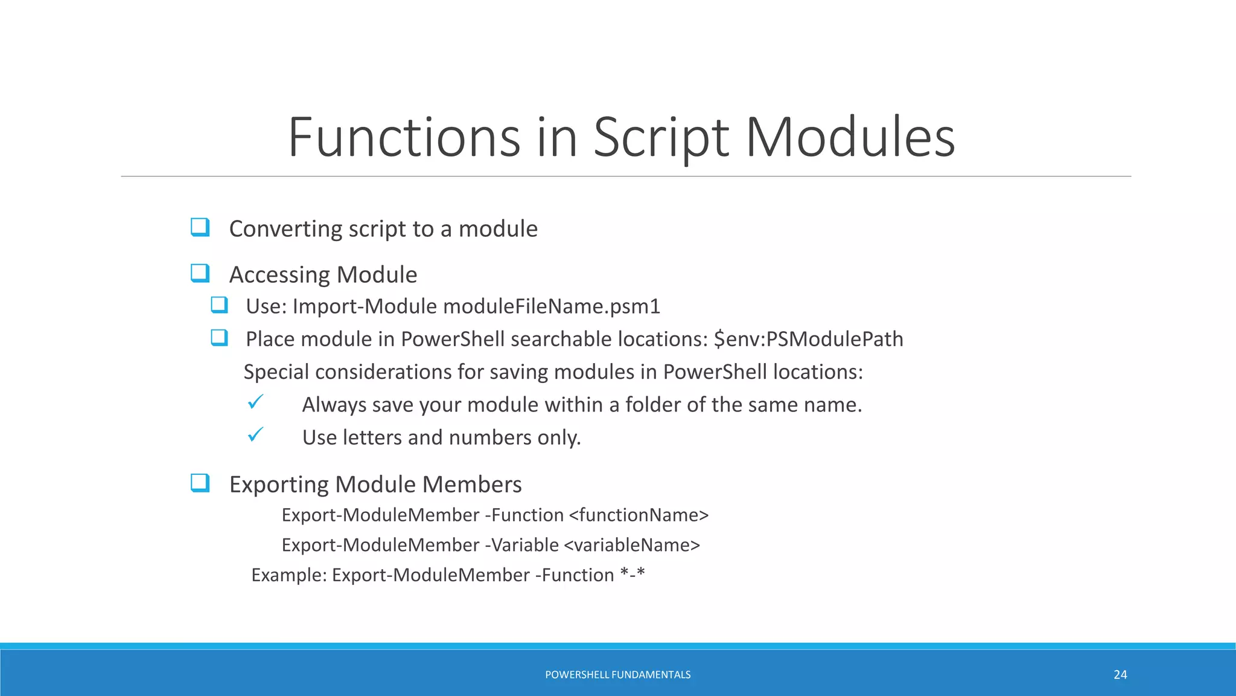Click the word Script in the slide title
click(x=661, y=138)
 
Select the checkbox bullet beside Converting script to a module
click(x=200, y=227)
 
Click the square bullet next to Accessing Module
click(x=200, y=273)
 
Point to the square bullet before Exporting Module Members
click(x=200, y=483)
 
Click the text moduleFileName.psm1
click(x=552, y=306)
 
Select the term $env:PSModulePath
click(x=808, y=339)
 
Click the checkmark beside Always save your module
click(x=255, y=402)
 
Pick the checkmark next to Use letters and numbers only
click(x=255, y=434)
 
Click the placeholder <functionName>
click(x=639, y=515)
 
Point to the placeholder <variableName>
click(x=632, y=545)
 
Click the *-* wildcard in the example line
click(x=632, y=574)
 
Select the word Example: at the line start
click(x=289, y=575)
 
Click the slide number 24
click(x=1120, y=675)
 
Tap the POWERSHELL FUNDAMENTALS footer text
click(x=617, y=675)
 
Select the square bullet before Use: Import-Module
click(x=219, y=304)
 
